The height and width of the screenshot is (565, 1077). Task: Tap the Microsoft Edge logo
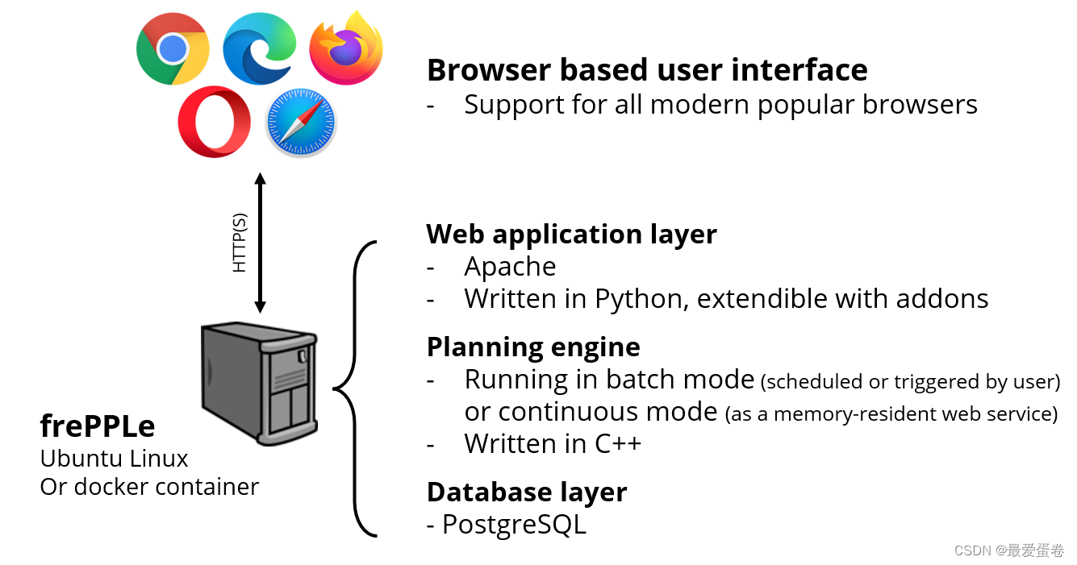260,48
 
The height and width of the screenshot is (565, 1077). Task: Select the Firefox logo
345,48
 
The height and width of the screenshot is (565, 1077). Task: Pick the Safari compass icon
301,123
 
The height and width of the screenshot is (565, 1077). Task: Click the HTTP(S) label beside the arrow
240,243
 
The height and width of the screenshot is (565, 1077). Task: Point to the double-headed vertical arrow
260,243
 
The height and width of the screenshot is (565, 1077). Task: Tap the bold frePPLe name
97,425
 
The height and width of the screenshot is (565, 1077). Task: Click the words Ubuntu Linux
114,459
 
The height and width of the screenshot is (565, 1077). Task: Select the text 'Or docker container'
149,487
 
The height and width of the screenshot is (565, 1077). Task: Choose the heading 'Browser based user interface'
647,70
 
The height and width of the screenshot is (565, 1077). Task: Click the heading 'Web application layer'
571,234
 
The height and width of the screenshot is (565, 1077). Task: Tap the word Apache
510,267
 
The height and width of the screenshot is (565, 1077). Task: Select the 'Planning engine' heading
533,347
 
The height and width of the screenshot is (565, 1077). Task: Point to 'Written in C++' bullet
553,443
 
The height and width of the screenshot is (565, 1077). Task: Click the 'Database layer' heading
527,492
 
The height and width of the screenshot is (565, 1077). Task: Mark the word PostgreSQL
514,525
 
